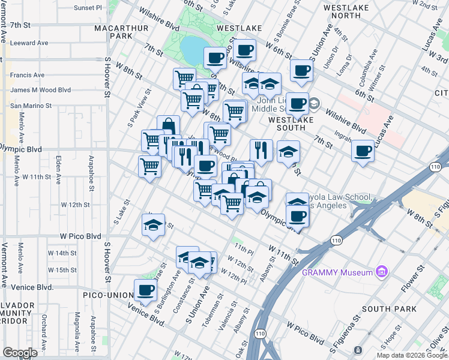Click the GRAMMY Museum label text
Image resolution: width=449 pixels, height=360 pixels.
[x=337, y=272]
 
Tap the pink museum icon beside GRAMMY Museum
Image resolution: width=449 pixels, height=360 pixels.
[x=381, y=272]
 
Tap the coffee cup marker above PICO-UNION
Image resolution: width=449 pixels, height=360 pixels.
[x=145, y=290]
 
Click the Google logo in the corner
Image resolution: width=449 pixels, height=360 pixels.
[x=20, y=352]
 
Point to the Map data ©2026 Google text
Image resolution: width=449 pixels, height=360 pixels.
[x=412, y=355]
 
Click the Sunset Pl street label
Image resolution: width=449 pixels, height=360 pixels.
[x=88, y=8]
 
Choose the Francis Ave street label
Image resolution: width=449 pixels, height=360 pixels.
[x=28, y=75]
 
